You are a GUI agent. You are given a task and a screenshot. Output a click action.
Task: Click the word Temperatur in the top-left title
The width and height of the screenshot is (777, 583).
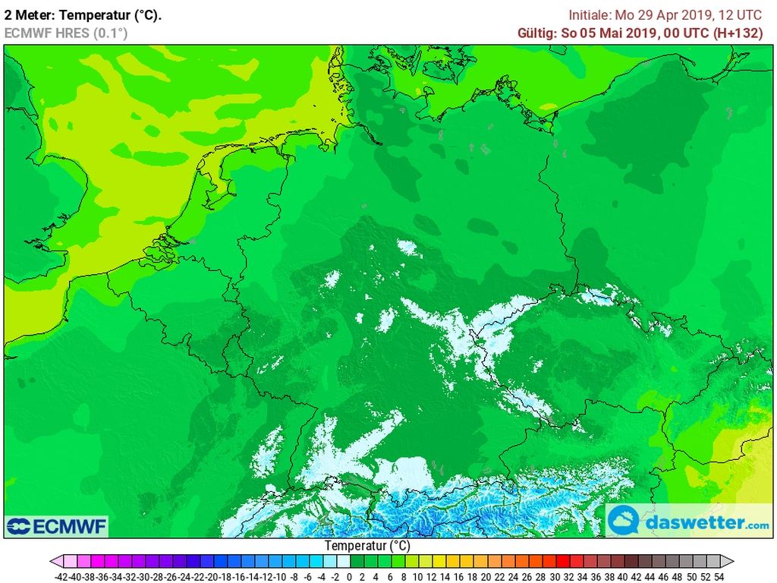tap(84, 15)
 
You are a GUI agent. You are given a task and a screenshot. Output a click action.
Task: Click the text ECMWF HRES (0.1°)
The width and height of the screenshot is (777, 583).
tap(66, 33)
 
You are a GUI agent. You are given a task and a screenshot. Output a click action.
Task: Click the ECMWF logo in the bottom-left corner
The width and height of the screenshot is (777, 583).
tap(57, 526)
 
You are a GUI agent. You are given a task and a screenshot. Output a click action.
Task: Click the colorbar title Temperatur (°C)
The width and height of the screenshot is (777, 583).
tap(367, 545)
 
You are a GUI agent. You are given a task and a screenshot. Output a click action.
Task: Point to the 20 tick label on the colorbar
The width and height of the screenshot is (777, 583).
tap(486, 577)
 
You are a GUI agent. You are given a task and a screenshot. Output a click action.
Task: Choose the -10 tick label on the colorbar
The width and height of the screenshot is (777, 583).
tap(280, 577)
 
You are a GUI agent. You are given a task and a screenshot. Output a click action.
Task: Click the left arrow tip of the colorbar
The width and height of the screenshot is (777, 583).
tap(54, 562)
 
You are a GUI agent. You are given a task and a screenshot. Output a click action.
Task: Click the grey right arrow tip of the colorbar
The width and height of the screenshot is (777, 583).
tap(729, 562)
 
